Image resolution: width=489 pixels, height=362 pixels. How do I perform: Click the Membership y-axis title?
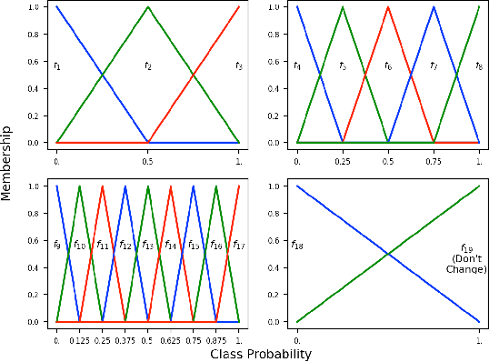pyautogui.click(x=8, y=172)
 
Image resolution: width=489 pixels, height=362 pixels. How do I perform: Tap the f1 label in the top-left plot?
pyautogui.click(x=56, y=66)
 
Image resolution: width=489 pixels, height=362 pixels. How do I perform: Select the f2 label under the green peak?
pyautogui.click(x=147, y=66)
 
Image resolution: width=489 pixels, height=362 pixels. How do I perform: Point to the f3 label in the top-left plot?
pyautogui.click(x=238, y=66)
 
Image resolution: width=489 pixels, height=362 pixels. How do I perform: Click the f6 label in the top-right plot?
pyautogui.click(x=388, y=66)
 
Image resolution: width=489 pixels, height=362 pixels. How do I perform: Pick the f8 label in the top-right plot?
pyautogui.click(x=479, y=66)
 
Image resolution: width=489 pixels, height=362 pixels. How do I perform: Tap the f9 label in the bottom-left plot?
pyautogui.click(x=56, y=246)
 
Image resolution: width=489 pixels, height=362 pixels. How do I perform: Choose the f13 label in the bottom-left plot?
pyautogui.click(x=147, y=246)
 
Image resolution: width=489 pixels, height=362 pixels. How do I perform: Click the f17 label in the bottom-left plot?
pyautogui.click(x=238, y=246)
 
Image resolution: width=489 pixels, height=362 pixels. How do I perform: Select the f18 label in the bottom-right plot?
pyautogui.click(x=297, y=246)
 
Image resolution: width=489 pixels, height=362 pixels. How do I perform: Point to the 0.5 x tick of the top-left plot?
pyautogui.click(x=147, y=160)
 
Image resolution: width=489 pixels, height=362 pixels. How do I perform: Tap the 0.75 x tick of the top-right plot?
pyautogui.click(x=434, y=160)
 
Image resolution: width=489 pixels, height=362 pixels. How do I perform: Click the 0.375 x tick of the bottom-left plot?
pyautogui.click(x=125, y=339)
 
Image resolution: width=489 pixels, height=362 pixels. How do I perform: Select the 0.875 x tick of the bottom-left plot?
pyautogui.click(x=215, y=339)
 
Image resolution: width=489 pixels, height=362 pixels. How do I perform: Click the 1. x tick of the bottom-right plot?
pyautogui.click(x=479, y=339)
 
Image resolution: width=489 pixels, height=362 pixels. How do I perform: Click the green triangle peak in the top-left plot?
pyautogui.click(x=147, y=7)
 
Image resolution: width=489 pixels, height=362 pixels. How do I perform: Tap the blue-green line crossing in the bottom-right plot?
pyautogui.click(x=388, y=254)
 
